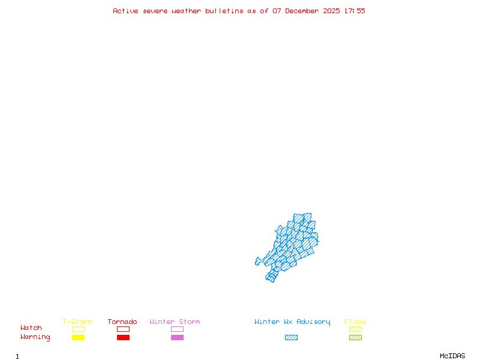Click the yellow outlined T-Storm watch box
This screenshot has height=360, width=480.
point(78,329)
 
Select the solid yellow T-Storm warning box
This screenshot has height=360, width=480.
point(78,338)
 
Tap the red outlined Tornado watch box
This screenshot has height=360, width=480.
point(123,329)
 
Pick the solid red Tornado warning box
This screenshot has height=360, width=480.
point(123,338)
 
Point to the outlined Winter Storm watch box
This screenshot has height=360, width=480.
point(177,329)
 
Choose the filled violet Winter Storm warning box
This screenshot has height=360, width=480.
point(177,338)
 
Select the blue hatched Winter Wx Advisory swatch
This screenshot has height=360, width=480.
point(291,338)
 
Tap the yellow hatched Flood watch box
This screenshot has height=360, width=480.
point(355,329)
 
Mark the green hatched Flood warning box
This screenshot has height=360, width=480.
point(355,338)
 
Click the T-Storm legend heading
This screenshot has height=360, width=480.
point(77,322)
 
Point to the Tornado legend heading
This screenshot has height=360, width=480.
point(122,322)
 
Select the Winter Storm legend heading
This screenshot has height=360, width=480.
point(175,322)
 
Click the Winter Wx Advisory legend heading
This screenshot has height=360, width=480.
point(292,322)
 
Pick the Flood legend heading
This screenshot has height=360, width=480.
point(355,322)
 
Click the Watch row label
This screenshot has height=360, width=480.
point(31,328)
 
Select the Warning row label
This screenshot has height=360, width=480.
point(35,337)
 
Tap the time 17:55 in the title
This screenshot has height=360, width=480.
point(355,11)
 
